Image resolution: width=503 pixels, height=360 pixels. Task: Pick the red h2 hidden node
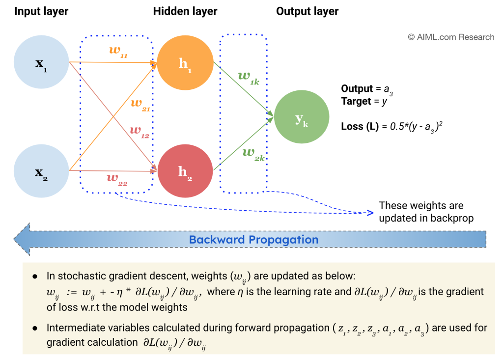185,170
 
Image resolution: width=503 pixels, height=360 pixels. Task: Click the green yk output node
301,117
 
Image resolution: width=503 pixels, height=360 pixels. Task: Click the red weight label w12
139,132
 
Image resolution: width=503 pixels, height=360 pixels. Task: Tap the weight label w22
117,180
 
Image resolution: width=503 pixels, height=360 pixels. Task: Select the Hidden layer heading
185,11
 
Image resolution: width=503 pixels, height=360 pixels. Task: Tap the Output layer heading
307,11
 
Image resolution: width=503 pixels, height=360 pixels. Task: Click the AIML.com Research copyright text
451,37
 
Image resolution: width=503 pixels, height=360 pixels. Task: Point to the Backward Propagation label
253,240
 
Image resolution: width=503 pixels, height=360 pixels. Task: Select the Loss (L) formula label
361,126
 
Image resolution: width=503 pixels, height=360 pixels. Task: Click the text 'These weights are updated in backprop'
426,212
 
